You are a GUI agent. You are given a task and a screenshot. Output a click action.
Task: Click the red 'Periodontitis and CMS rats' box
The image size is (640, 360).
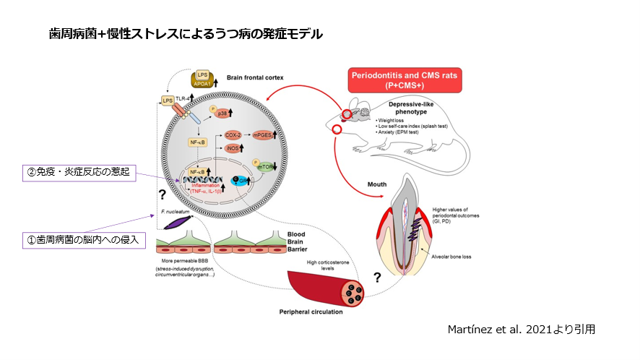coord(405,80)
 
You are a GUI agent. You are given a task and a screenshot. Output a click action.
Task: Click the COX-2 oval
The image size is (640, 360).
coord(233,134)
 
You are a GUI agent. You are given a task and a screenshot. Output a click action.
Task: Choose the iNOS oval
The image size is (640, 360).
coord(233,148)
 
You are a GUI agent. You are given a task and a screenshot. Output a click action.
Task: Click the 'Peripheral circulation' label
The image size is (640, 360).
coord(311,312)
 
